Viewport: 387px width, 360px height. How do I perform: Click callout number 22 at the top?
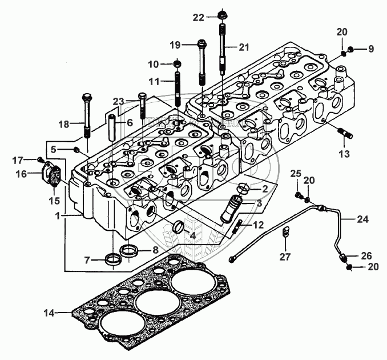[x=197, y=18]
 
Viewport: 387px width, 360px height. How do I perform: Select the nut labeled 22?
[x=221, y=15]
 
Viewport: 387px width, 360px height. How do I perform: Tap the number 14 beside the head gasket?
[x=50, y=313]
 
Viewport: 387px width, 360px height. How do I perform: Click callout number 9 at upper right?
[x=370, y=49]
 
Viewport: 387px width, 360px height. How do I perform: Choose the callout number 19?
[x=175, y=44]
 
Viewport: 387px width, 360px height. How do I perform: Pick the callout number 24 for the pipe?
[x=363, y=219]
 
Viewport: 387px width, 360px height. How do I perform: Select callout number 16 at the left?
[x=21, y=174]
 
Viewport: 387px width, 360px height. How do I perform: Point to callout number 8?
[x=154, y=249]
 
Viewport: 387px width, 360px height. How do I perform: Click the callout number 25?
[x=295, y=173]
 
